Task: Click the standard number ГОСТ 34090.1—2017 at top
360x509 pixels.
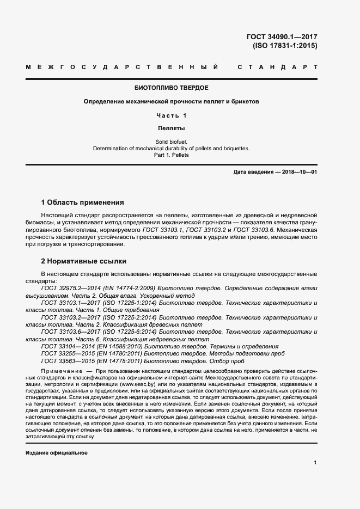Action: (282, 37)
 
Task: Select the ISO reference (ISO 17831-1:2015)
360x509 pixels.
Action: (285, 46)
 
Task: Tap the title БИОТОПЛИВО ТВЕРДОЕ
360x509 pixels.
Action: (171, 88)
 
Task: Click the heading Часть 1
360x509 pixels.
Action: (171, 115)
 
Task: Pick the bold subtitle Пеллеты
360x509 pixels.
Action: (171, 129)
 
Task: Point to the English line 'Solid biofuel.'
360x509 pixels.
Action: (171, 142)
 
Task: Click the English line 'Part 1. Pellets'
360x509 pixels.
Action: (171, 155)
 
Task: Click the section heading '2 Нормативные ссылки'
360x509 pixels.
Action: (84, 261)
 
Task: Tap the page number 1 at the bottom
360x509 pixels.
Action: (315, 462)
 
